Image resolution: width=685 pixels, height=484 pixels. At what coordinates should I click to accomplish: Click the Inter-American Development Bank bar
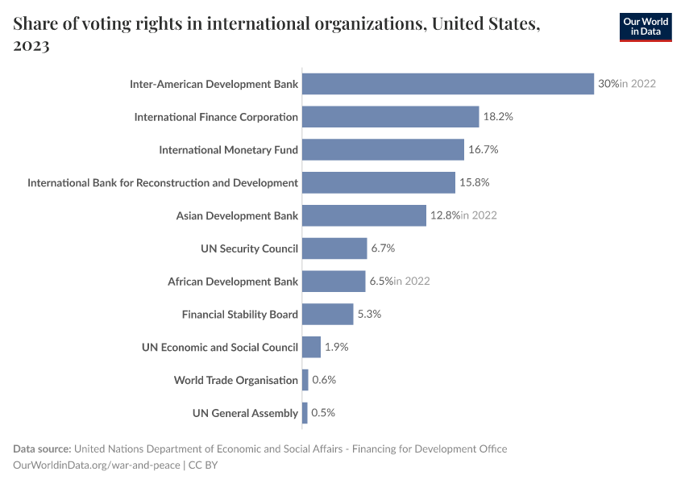pyautogui.click(x=447, y=84)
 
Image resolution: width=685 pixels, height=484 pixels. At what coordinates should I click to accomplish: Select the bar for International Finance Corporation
pyautogui.click(x=390, y=117)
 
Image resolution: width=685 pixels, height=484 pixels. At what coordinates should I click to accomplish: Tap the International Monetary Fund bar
pyautogui.click(x=383, y=150)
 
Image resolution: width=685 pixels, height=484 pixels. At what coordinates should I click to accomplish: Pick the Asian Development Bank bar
pyautogui.click(x=363, y=215)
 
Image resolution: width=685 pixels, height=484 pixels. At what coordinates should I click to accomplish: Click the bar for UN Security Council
pyautogui.click(x=334, y=248)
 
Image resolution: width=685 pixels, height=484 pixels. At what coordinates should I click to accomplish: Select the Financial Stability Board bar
pyautogui.click(x=327, y=315)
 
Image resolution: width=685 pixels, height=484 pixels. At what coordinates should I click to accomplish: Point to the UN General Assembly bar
pyautogui.click(x=305, y=413)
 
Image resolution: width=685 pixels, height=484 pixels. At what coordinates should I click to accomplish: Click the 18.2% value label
pyautogui.click(x=498, y=117)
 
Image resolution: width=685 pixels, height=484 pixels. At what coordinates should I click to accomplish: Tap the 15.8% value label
pyautogui.click(x=475, y=183)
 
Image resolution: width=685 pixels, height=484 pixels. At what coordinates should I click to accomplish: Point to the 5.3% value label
pyautogui.click(x=369, y=315)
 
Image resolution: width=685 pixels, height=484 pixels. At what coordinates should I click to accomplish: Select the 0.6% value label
pyautogui.click(x=323, y=380)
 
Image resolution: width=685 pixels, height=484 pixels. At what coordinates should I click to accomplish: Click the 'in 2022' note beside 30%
pyautogui.click(x=637, y=84)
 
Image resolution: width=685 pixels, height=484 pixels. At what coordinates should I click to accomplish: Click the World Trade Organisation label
pyautogui.click(x=236, y=380)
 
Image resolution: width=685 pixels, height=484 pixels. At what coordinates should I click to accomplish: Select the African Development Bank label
pyautogui.click(x=233, y=282)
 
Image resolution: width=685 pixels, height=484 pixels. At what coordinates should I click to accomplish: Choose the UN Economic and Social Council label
pyautogui.click(x=220, y=347)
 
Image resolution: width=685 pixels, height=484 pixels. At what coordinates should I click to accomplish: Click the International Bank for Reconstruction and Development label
pyautogui.click(x=163, y=183)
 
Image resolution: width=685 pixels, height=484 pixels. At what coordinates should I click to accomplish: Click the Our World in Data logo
pyautogui.click(x=646, y=27)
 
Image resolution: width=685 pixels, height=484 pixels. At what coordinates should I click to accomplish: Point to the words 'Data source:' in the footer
pyautogui.click(x=42, y=449)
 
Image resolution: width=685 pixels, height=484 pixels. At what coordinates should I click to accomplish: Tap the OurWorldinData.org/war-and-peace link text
pyautogui.click(x=97, y=465)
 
